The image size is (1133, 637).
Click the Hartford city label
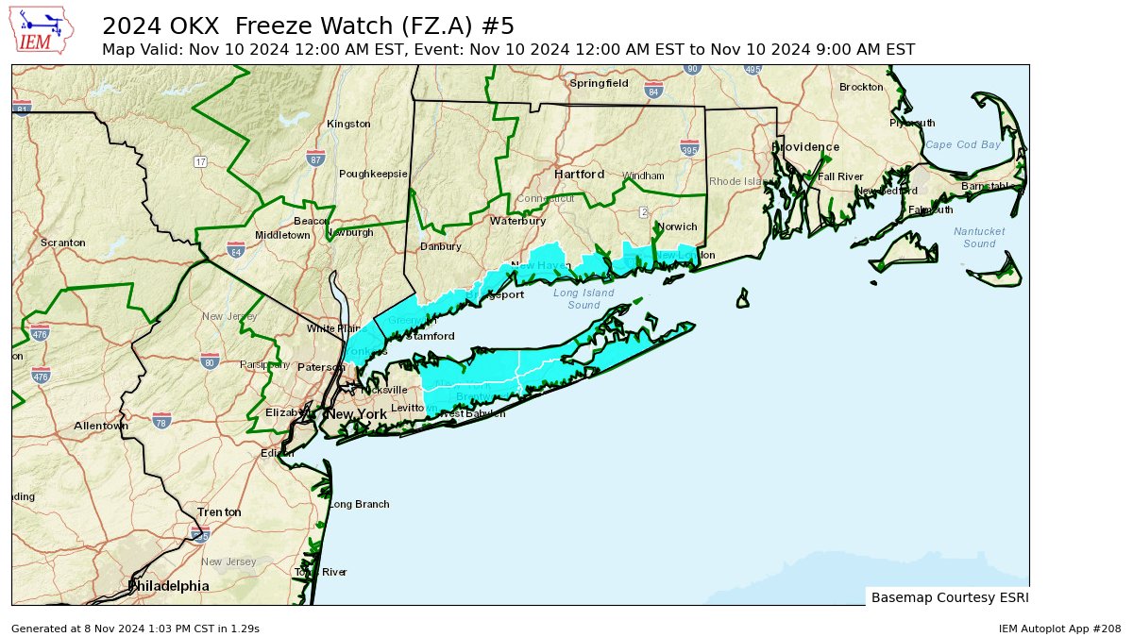[x=579, y=175]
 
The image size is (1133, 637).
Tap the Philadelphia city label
[x=168, y=586]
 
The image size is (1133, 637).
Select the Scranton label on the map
[x=63, y=243]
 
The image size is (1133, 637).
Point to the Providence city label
[x=805, y=147]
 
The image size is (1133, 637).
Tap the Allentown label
[x=101, y=426]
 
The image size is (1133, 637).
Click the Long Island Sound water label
[x=583, y=298]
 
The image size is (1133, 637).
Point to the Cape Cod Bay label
[x=962, y=144]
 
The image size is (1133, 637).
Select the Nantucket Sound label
[x=979, y=237]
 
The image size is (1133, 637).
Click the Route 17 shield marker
[x=201, y=161]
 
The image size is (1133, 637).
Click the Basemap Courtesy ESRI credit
[x=949, y=597]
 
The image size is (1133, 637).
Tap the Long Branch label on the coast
[x=359, y=504]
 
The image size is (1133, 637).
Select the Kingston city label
[x=348, y=124]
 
